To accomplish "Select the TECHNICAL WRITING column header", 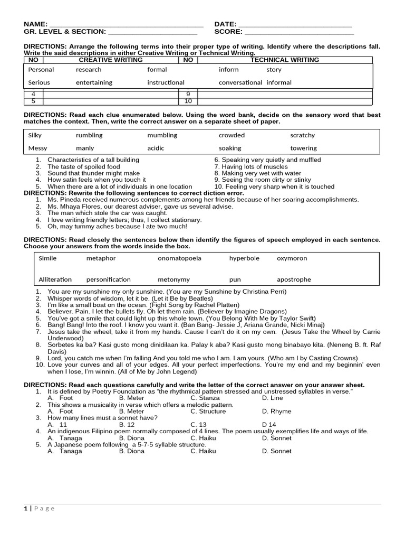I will coord(285,60).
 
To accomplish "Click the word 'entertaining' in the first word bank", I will coord(94,82).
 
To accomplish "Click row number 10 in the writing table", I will coord(188,101).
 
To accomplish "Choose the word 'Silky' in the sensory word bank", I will coord(35,135).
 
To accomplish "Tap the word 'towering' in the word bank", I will coord(303,148).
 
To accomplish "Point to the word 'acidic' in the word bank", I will coord(156,148).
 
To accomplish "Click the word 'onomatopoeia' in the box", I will coord(179,258).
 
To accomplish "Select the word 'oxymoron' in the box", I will coord(292,258).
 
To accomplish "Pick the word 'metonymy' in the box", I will coord(173,279).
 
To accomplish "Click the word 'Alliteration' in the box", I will coord(55,279).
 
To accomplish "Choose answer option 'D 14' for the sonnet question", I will coord(269,425).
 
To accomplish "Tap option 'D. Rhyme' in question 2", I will coord(276,412).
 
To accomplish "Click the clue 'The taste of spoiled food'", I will coord(83,166).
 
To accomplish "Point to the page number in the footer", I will coord(26,508).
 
